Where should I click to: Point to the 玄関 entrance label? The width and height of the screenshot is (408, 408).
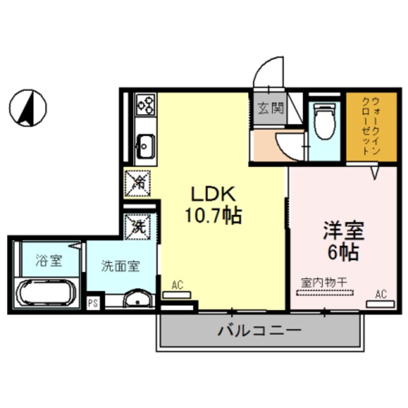[x=270, y=109]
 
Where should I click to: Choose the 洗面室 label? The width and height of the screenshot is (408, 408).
[x=120, y=266]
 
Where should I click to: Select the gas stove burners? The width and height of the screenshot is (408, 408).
[x=146, y=104]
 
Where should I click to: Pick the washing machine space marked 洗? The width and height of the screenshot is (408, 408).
[x=138, y=225]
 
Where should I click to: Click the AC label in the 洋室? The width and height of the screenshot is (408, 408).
[x=381, y=294]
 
